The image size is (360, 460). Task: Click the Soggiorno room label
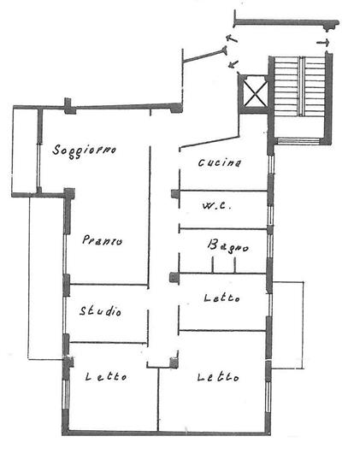[84, 150]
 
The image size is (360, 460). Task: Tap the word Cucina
[220, 162]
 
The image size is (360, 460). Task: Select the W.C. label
[217, 205]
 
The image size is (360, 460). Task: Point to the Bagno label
[228, 246]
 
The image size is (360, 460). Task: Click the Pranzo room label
[102, 240]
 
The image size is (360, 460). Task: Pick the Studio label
[100, 311]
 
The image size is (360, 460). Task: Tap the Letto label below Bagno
[221, 298]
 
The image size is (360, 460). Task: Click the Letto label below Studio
[106, 376]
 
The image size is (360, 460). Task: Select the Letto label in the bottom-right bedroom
[218, 377]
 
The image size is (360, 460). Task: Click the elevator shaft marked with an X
[256, 93]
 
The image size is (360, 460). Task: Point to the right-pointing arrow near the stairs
[323, 43]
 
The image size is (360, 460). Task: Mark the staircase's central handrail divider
[302, 86]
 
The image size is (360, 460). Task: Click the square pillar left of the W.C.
[175, 193]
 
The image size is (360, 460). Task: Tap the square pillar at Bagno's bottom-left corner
[174, 277]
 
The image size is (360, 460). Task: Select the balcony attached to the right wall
[287, 325]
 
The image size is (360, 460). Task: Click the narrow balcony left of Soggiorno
[26, 152]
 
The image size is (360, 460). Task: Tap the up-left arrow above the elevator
[232, 39]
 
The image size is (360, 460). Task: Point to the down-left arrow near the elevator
[233, 64]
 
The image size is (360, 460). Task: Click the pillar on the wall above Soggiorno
[69, 106]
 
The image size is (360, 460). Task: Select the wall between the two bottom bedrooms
[158, 399]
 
